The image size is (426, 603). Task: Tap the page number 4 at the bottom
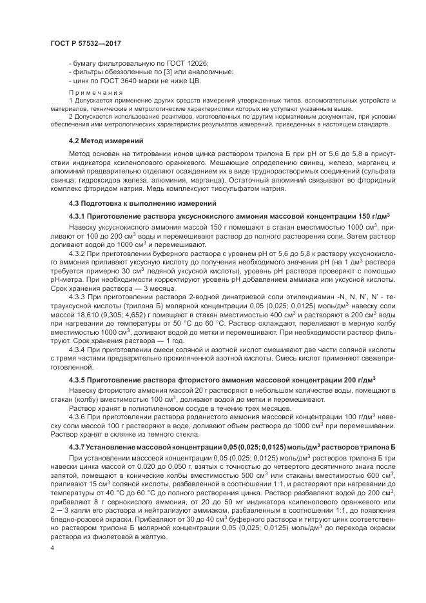(x=51, y=546)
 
